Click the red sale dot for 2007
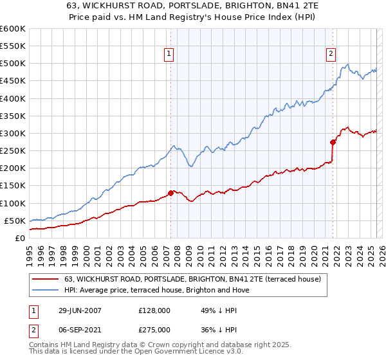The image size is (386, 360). pos(170,193)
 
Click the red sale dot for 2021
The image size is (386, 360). pos(333,142)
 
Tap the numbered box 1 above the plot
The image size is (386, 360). pos(169,55)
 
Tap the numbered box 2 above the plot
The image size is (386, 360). pos(331,55)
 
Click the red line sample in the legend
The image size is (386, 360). pos(46,279)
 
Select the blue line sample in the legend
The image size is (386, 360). pos(46,290)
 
